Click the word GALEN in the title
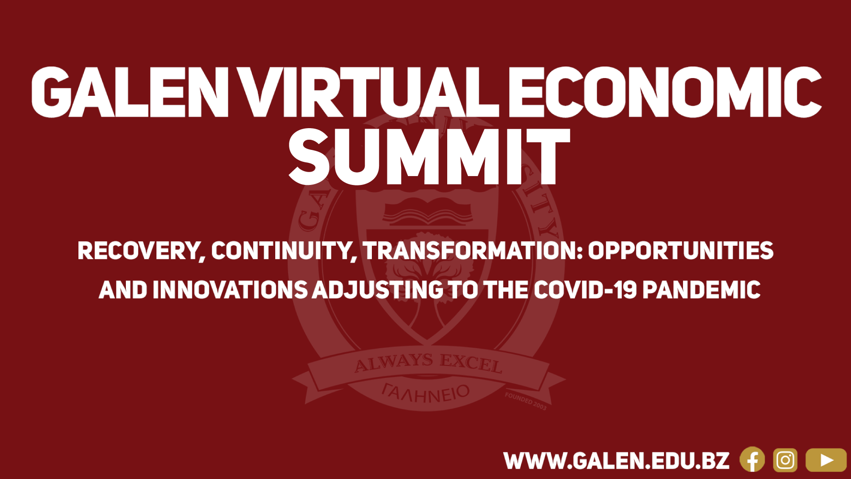[x=130, y=92]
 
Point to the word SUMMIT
[x=429, y=157]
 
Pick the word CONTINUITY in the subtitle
[x=284, y=251]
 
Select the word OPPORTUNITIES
[x=681, y=251]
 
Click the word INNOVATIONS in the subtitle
[x=230, y=290]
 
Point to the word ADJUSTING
[x=378, y=290]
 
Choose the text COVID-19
[x=586, y=290]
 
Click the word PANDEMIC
[x=702, y=290]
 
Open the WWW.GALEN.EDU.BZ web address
[x=617, y=461]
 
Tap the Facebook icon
[x=752, y=460]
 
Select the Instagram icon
[x=785, y=460]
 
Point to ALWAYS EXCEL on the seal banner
[x=429, y=363]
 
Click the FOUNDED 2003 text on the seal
[x=526, y=401]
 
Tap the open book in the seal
[x=428, y=213]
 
